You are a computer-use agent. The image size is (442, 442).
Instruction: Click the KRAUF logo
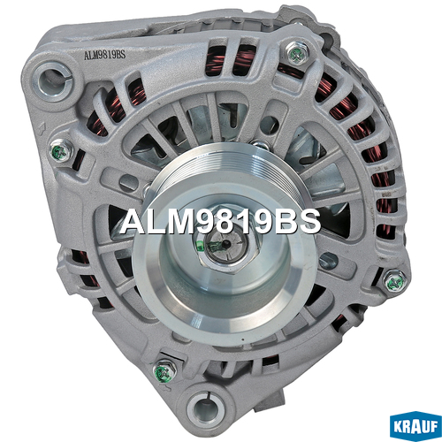(x=415, y=426)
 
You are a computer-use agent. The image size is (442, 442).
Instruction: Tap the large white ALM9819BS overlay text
(x=220, y=222)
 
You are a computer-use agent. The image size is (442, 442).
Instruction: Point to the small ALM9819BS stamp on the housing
(x=104, y=55)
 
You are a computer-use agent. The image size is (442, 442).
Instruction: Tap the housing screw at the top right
(x=297, y=53)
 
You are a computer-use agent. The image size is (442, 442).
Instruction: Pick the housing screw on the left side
(x=62, y=150)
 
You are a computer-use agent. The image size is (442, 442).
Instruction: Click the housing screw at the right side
(x=396, y=281)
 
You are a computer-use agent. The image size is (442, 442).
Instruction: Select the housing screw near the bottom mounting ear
(x=164, y=370)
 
